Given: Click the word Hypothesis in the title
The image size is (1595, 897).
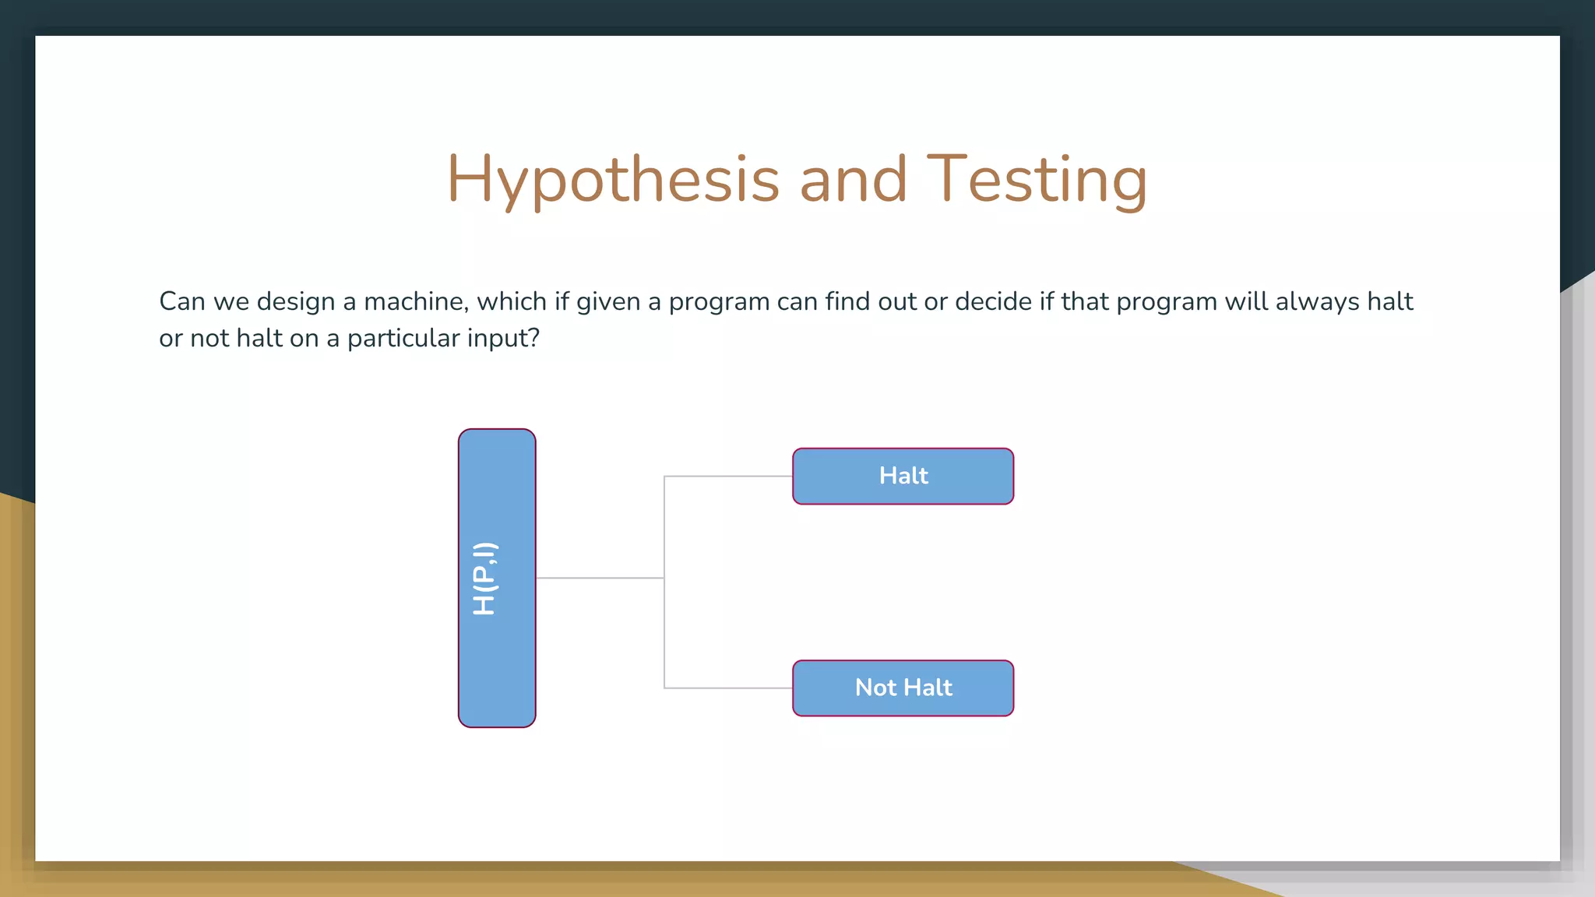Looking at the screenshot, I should click(x=613, y=180).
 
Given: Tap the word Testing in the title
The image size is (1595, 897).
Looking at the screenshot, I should click(x=1037, y=180).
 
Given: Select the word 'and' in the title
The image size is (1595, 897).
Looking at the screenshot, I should click(x=853, y=180).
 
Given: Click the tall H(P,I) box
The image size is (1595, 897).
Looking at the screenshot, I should click(x=497, y=578).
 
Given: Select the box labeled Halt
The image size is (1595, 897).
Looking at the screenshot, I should click(x=903, y=476).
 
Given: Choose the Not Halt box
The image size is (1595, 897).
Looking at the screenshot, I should click(x=903, y=688).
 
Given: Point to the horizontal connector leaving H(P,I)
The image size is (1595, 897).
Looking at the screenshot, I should click(x=600, y=578).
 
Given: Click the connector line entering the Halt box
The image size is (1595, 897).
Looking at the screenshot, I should click(x=728, y=476).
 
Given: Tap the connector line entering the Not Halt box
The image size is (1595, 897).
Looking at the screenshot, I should click(x=728, y=688).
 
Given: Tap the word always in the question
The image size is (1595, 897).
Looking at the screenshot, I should click(x=1317, y=301).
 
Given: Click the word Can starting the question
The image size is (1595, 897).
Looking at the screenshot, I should click(x=181, y=301).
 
